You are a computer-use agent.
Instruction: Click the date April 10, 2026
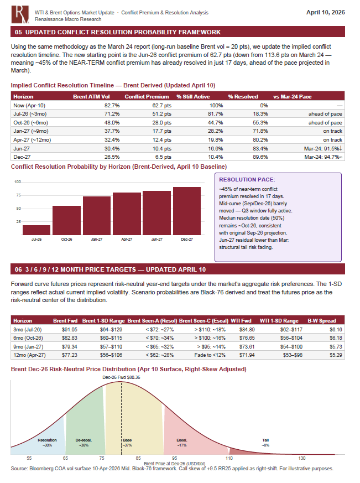click(326, 12)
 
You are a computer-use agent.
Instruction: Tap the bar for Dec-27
click(186, 211)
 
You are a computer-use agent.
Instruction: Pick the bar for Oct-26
click(66, 220)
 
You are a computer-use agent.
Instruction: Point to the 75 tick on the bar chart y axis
click(18, 195)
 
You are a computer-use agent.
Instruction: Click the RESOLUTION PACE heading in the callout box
click(243, 180)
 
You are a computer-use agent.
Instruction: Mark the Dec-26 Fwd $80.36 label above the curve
click(121, 377)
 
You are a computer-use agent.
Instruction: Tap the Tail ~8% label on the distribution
click(265, 442)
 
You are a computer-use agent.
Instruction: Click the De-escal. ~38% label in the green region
click(84, 442)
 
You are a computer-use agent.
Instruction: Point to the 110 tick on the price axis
click(229, 459)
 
